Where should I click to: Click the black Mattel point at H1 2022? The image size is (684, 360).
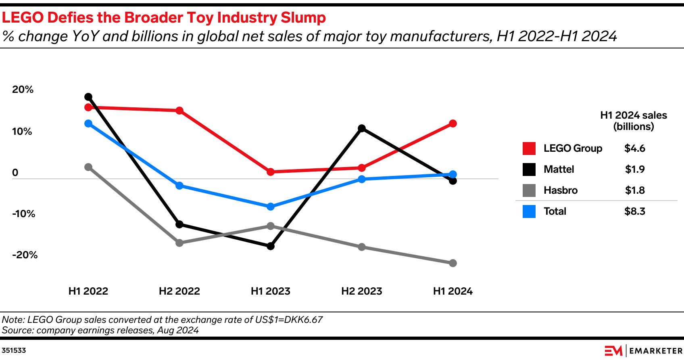pos(88,97)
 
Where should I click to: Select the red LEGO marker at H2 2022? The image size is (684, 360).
pos(179,111)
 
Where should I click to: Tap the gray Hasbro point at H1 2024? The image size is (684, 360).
pos(453,263)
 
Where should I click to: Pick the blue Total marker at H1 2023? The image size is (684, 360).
pos(271,207)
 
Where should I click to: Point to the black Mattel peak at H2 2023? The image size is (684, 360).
pos(362,128)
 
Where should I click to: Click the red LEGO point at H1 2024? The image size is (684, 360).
pos(453,123)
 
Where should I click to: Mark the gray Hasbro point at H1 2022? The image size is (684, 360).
pos(88,167)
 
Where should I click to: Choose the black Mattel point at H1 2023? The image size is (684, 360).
pos(271,246)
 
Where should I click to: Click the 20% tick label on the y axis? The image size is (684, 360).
pos(23,90)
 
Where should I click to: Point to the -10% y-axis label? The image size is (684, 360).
pos(23,214)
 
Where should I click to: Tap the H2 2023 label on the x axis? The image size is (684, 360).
pos(361,291)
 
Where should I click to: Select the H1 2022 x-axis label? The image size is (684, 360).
pos(88,291)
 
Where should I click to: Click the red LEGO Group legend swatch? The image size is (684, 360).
pos(529,149)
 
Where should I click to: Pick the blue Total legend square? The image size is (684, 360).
pos(529,211)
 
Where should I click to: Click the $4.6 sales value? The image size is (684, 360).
pos(634,149)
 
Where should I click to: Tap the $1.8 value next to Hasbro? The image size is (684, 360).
pos(634,190)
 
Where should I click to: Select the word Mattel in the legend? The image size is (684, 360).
pos(559,170)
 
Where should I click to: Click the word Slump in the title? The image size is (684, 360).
pos(303,18)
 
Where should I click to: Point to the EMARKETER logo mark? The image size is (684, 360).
pos(613,351)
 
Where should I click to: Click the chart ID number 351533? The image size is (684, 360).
pos(14,350)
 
